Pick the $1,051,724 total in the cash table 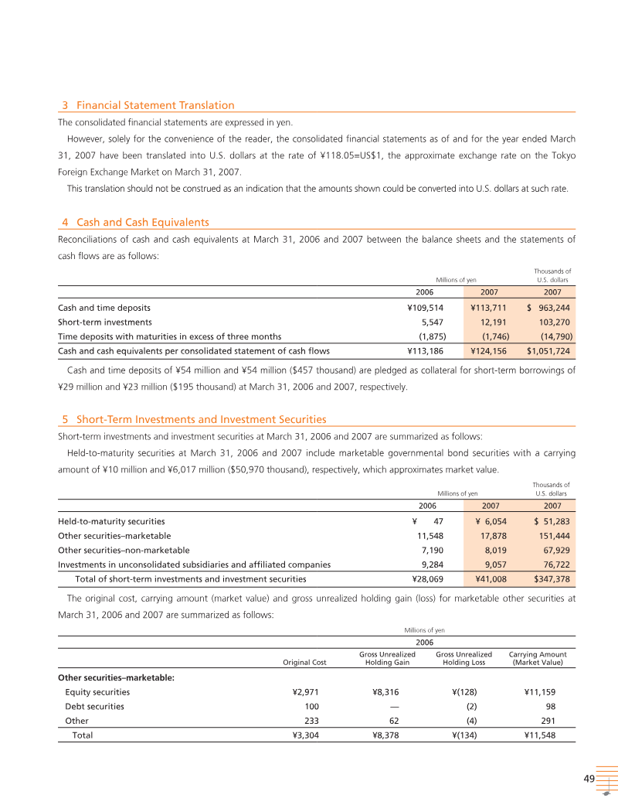pyautogui.click(x=548, y=351)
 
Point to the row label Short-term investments pyautogui.click(x=105, y=322)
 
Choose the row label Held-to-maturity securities pyautogui.click(x=111, y=521)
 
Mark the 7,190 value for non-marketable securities pyautogui.click(x=430, y=550)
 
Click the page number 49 pyautogui.click(x=589, y=778)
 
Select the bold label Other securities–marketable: pyautogui.click(x=117, y=678)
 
